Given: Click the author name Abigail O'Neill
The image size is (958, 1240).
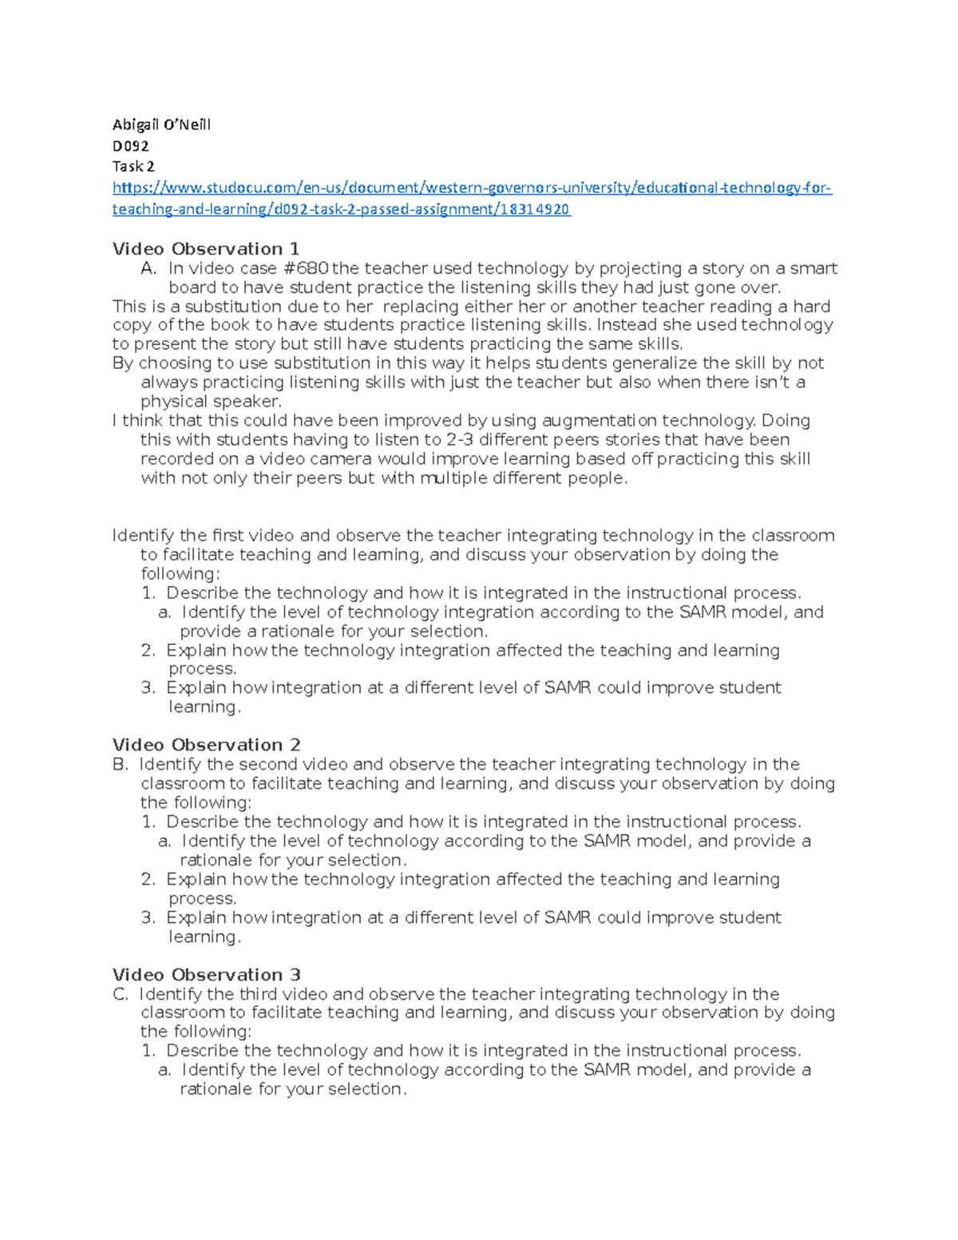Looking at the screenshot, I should click(161, 125).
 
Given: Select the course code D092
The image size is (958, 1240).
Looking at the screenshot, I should click(130, 145).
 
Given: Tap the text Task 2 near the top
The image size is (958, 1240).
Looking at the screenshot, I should click(133, 166).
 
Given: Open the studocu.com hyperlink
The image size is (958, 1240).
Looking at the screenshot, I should click(471, 188).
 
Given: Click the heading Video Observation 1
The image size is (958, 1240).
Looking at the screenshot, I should click(206, 249).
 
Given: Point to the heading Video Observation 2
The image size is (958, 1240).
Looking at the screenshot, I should click(206, 745).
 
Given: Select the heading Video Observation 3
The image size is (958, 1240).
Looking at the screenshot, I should click(206, 975).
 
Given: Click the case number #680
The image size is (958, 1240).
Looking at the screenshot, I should click(306, 268).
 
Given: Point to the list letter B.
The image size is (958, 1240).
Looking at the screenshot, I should click(121, 764).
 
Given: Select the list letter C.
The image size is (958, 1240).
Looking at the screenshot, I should click(121, 994).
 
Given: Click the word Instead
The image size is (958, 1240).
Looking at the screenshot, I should click(625, 325).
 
